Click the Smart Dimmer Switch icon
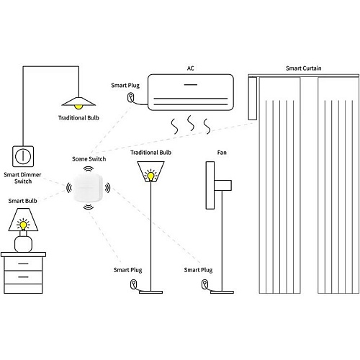23,156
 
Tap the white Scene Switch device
88,188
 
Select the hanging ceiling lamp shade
78,102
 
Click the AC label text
190,68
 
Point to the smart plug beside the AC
130,97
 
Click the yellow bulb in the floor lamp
150,176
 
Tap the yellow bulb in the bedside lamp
23,225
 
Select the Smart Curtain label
303,68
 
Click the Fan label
222,153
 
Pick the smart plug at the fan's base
204,284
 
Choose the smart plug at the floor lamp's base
133,284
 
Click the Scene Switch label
89,159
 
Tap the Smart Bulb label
23,201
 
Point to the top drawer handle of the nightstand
23,264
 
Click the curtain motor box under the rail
252,98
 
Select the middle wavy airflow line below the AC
191,123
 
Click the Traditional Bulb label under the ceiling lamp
78,118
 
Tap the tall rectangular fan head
210,185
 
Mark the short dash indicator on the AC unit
191,85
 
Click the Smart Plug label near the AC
125,86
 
